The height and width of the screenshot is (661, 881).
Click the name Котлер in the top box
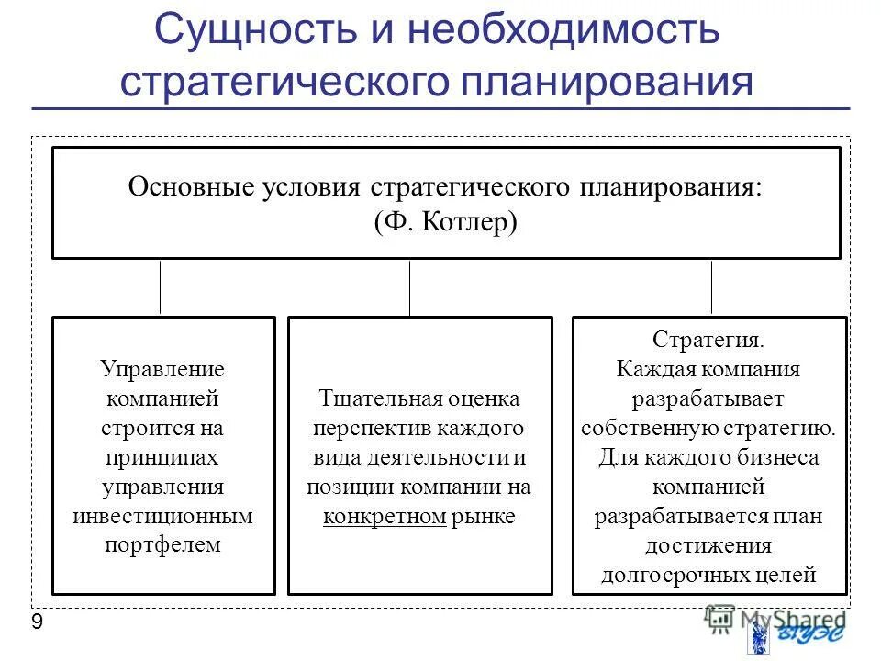click(x=470, y=222)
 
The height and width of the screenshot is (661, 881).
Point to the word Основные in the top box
click(x=190, y=187)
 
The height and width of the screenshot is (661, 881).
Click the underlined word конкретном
click(x=385, y=516)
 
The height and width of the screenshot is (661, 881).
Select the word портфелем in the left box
click(x=162, y=544)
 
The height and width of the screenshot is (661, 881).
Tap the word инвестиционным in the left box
click(x=162, y=515)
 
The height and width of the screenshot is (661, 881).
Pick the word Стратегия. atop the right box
click(x=708, y=340)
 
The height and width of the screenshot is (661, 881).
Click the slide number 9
click(x=37, y=623)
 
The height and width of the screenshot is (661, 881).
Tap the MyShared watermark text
click(x=792, y=618)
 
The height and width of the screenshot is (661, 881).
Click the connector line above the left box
click(x=161, y=287)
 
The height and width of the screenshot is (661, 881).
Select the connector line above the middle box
click(x=409, y=287)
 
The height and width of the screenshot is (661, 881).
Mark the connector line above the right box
click(x=711, y=287)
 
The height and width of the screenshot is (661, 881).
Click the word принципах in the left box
click(x=162, y=456)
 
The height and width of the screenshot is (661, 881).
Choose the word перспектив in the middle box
click(x=367, y=429)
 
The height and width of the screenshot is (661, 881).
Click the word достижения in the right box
click(x=708, y=546)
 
